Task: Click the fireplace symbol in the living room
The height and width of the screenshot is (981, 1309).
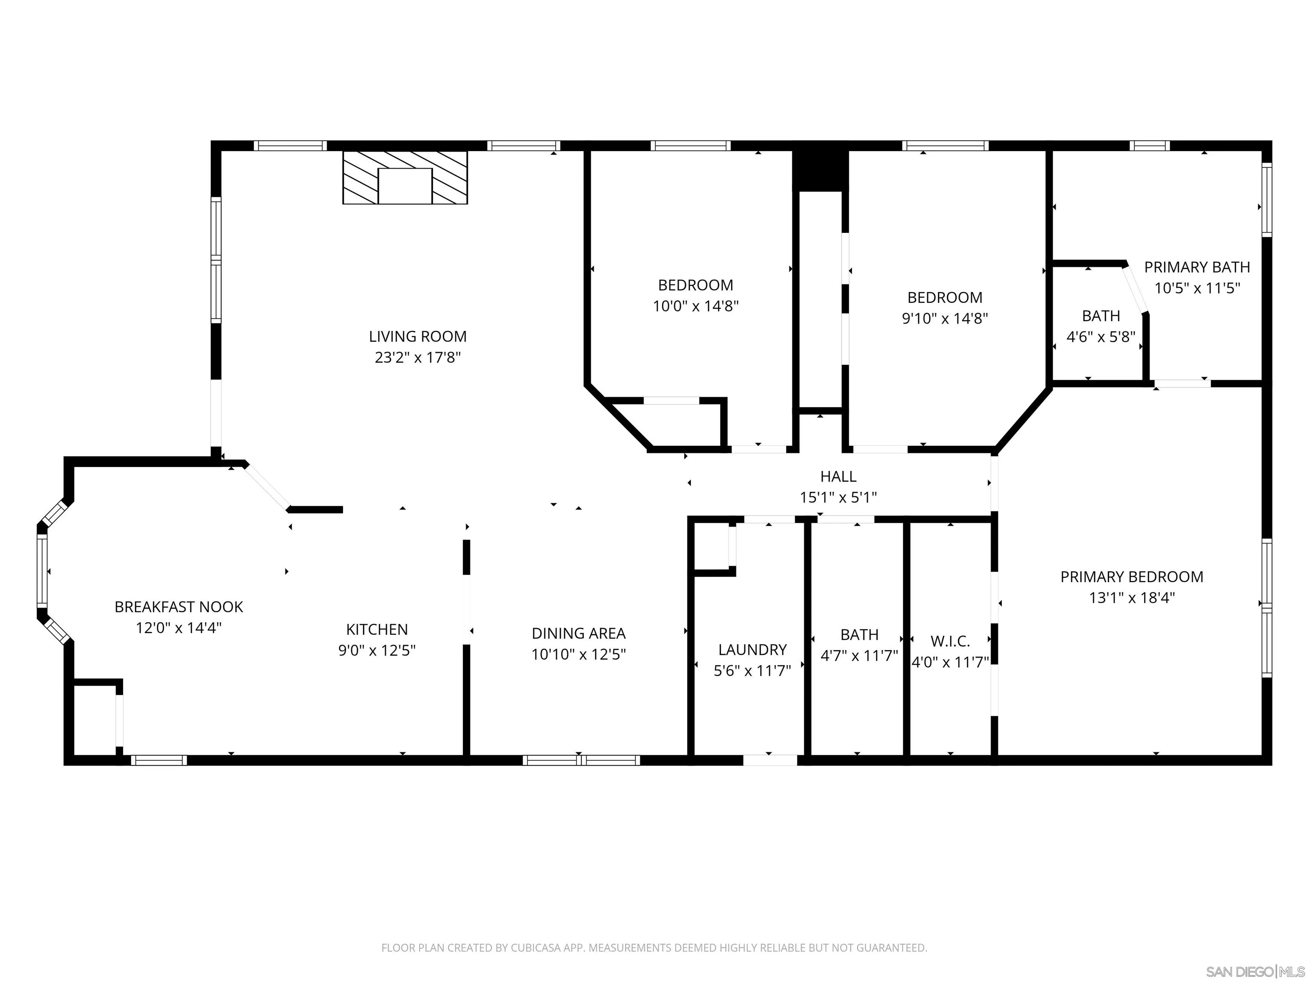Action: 405,178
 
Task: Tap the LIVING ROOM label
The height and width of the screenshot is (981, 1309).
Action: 417,336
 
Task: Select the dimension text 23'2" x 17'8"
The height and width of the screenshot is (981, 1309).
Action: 417,357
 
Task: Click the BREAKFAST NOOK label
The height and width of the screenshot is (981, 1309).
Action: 179,607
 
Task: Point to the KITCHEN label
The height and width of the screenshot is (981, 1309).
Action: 377,629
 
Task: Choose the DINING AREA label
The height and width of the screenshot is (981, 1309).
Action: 578,633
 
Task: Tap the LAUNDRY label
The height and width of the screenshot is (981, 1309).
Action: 752,650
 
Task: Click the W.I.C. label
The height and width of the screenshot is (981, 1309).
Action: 950,641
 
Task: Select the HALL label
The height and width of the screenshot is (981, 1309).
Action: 838,476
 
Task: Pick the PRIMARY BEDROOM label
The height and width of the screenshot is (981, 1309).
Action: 1131,577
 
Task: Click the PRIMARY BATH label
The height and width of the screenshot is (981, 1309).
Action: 1197,267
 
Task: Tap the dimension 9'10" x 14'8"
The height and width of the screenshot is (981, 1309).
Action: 945,318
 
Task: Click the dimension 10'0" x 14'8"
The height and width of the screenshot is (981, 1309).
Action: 695,306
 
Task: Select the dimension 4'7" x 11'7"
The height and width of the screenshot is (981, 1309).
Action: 859,656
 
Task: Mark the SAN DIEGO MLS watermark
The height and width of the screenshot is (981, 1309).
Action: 1254,972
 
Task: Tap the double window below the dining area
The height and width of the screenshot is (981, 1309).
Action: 581,760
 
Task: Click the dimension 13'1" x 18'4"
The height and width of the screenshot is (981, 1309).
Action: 1131,598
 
